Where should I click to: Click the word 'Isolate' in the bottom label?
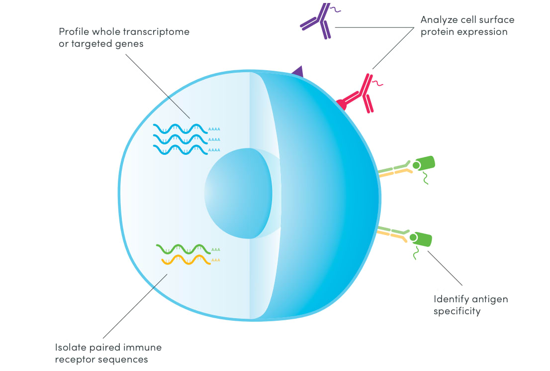tap(71, 348)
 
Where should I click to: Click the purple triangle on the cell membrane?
tap(297, 72)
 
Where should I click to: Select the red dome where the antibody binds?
tap(341, 105)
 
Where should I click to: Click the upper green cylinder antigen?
tap(424, 163)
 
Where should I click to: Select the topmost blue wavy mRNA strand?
tap(179, 128)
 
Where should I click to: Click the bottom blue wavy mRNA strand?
tap(179, 149)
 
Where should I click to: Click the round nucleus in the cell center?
tap(238, 192)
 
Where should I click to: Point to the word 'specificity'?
tap(457, 311)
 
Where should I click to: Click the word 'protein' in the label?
tap(438, 32)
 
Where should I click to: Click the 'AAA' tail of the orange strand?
tap(216, 260)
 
